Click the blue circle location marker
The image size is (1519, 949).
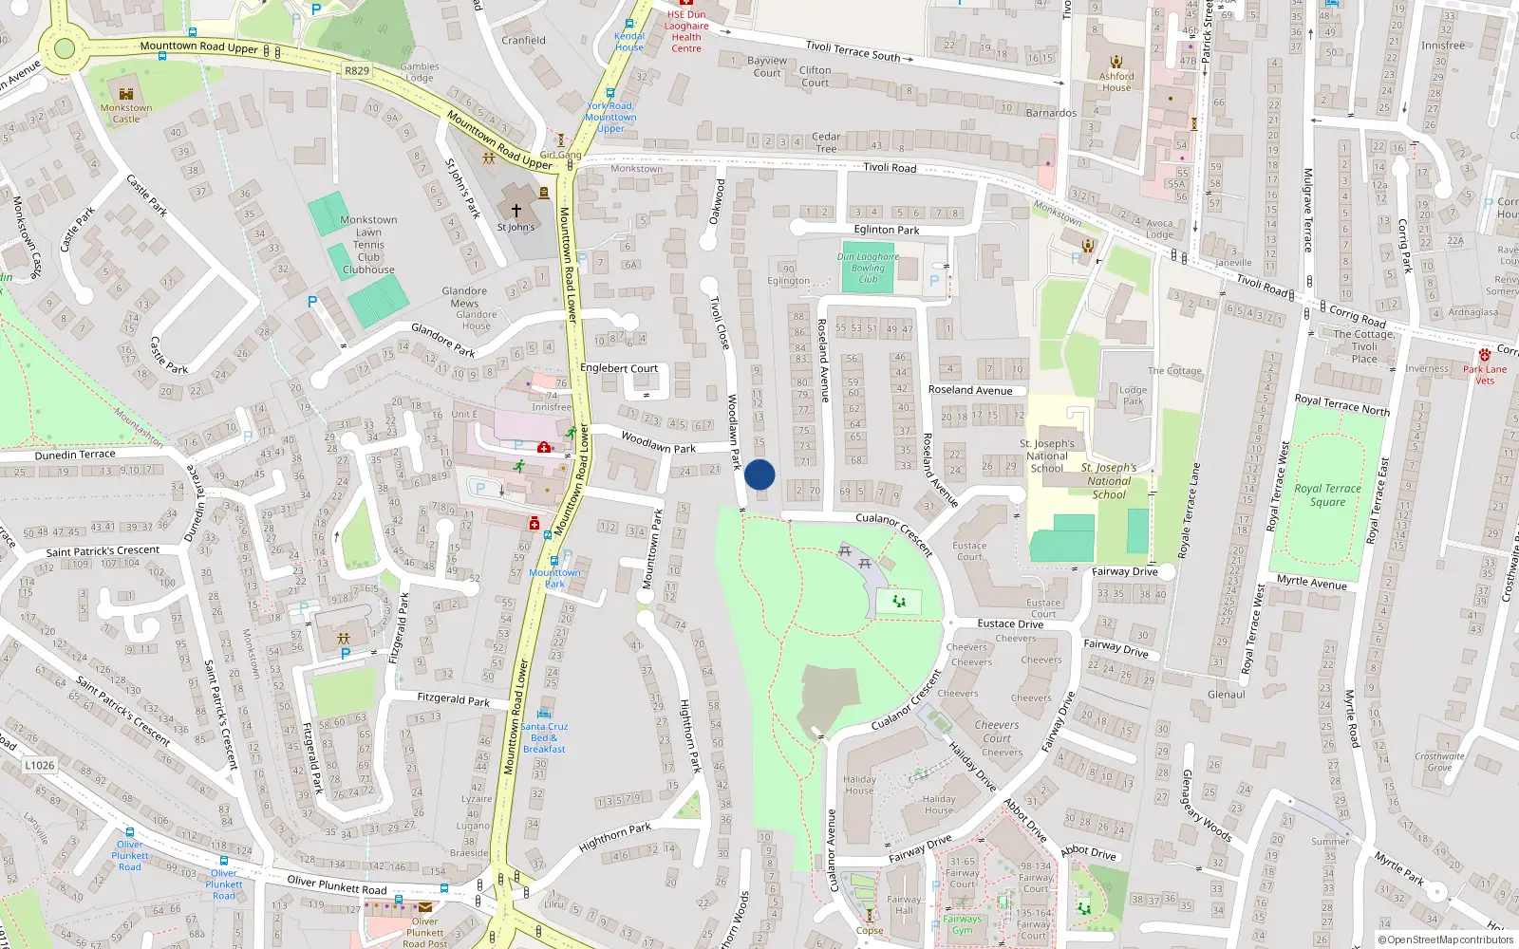[759, 474]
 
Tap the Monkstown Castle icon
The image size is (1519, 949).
[126, 93]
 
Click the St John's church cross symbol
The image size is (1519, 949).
[516, 211]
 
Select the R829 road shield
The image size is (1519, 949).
[357, 71]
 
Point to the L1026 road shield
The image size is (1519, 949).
[40, 765]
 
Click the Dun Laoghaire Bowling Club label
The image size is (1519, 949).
[868, 268]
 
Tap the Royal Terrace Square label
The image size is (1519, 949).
[1327, 495]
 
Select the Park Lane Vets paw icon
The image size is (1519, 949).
[1485, 355]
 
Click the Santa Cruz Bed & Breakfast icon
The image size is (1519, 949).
[544, 714]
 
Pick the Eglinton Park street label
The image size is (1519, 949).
[887, 230]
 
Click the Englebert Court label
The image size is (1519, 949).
[619, 368]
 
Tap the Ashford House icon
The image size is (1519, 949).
[1116, 62]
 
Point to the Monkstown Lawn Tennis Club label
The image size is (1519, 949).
[368, 245]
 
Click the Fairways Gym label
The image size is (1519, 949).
[962, 924]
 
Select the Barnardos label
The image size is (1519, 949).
[1051, 113]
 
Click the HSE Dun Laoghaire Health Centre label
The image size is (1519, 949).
[686, 31]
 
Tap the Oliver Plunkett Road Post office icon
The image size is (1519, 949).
[425, 907]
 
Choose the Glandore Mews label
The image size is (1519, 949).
[464, 297]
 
